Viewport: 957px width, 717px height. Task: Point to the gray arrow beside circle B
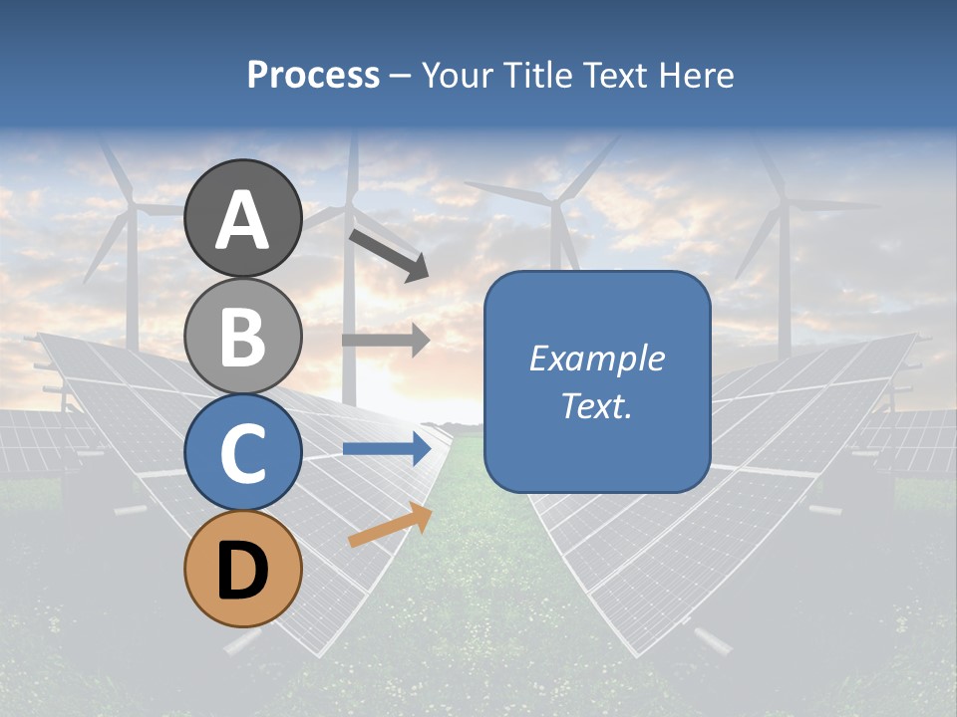385,341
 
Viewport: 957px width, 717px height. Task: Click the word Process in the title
313,76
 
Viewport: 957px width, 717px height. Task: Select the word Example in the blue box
596,358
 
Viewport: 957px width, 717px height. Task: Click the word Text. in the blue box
596,405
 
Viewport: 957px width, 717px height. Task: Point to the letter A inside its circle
243,220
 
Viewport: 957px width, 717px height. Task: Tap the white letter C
243,454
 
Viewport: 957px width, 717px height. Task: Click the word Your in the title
459,76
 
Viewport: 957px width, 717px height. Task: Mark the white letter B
243,337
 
